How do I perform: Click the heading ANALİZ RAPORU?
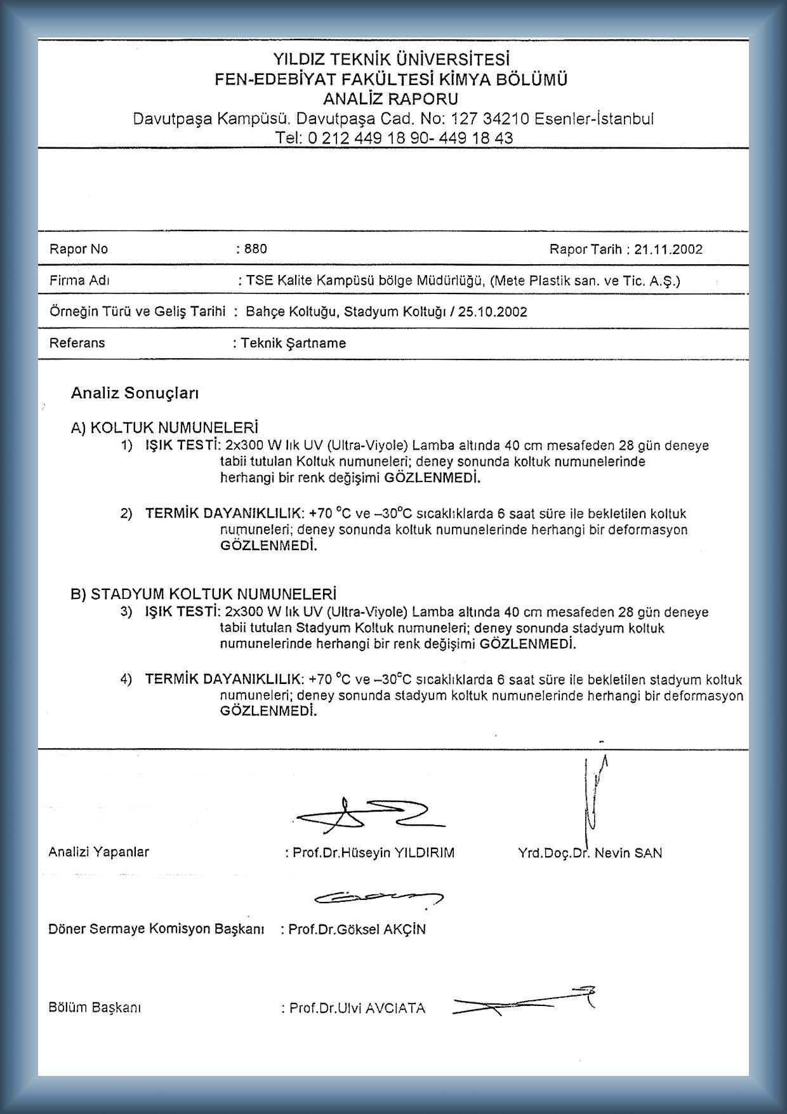390,99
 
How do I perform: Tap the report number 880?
256,249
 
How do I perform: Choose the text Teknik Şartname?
293,344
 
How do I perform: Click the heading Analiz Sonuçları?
135,393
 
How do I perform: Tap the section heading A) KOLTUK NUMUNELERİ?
165,427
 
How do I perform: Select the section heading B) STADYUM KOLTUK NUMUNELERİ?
203,594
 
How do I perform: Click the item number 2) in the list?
126,513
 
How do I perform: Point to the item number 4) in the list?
126,679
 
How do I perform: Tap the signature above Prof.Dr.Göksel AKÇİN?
379,897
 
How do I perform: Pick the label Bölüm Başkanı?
95,1007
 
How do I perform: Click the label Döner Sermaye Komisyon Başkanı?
156,929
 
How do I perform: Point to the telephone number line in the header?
393,138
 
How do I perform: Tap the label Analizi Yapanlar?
98,852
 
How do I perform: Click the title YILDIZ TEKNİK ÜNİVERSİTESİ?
391,60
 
